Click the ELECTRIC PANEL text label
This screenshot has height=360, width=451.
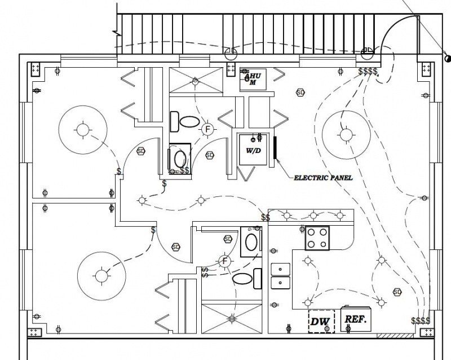[x=323, y=178]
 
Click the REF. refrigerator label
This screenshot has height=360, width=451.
[x=356, y=319]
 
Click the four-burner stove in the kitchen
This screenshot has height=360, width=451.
[x=317, y=238]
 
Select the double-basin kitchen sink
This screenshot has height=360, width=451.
[x=280, y=275]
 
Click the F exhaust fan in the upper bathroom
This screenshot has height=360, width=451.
[x=207, y=129]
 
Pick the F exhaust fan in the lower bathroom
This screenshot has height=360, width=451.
[x=224, y=261]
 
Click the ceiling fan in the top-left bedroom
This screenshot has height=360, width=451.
[x=83, y=130]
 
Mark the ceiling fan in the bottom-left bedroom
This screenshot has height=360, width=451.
[x=101, y=275]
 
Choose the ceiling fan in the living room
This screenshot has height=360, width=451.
[x=345, y=134]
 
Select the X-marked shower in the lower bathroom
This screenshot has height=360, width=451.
[x=231, y=318]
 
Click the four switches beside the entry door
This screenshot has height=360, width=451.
[x=369, y=72]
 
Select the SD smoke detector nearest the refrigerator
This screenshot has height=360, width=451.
[x=397, y=292]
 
